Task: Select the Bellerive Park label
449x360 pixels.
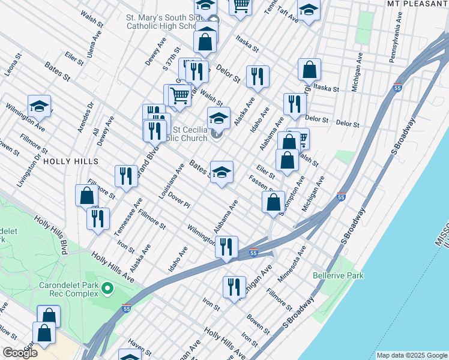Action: (x=338, y=276)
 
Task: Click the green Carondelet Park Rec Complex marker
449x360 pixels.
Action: (x=107, y=289)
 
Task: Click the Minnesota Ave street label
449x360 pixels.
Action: (x=292, y=263)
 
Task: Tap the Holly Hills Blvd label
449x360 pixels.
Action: (x=53, y=233)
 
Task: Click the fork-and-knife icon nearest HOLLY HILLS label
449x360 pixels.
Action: (x=125, y=176)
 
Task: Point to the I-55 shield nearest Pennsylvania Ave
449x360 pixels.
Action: (x=398, y=88)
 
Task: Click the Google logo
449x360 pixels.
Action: (x=20, y=352)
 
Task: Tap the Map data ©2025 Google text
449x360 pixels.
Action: (x=411, y=355)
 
